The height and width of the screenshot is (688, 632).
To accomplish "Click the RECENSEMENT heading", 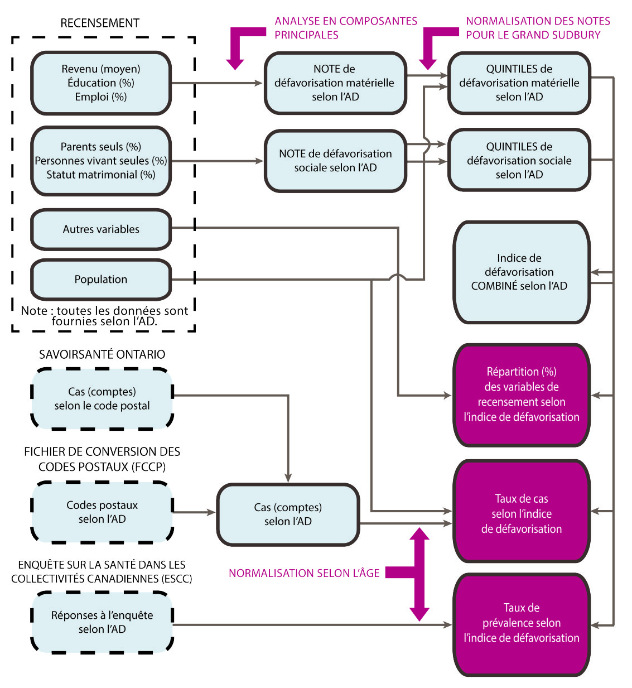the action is [x=100, y=23].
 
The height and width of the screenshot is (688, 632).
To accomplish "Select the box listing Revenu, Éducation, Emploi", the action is [x=101, y=83].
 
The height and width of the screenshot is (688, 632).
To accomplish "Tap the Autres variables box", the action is [x=101, y=229].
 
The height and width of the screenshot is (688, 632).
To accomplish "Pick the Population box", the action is [x=101, y=279].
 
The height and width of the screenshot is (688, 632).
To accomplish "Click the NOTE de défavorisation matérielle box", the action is [x=335, y=83].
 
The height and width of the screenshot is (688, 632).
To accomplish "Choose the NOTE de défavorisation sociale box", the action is [x=335, y=161].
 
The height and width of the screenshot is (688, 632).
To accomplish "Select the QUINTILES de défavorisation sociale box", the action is [x=519, y=160].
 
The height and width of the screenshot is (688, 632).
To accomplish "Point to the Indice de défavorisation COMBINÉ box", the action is [x=521, y=272].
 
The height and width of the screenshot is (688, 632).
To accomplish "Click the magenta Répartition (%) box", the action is [x=521, y=394].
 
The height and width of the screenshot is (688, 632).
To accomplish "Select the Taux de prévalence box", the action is [x=521, y=625].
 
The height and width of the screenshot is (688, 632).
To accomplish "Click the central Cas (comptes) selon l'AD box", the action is [x=288, y=514].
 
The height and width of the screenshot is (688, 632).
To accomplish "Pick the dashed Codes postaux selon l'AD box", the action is [x=102, y=512].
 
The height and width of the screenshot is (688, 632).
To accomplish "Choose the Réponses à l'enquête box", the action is [x=102, y=622].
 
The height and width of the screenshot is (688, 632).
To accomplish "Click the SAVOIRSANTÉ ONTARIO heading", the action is [x=102, y=354].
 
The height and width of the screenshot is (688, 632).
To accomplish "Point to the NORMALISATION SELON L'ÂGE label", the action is [x=304, y=573].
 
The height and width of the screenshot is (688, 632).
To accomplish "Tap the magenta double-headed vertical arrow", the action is [x=419, y=575].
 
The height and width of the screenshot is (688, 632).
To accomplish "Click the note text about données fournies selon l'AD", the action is [x=104, y=316].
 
